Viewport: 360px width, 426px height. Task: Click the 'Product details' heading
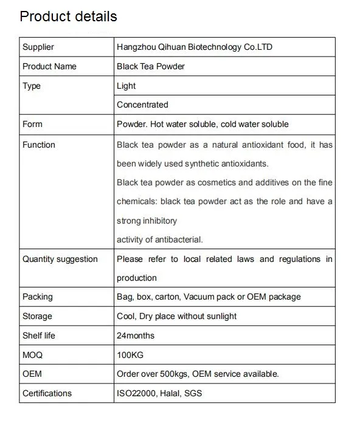pyautogui.click(x=68, y=16)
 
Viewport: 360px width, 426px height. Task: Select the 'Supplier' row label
pyautogui.click(x=38, y=47)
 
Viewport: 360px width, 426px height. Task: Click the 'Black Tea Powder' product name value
pyautogui.click(x=151, y=66)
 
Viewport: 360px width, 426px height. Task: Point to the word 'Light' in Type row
pyautogui.click(x=126, y=86)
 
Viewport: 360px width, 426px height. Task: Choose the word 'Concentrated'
pyautogui.click(x=142, y=105)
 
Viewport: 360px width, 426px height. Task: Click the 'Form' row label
pyautogui.click(x=32, y=124)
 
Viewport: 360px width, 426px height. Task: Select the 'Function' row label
pyautogui.click(x=39, y=145)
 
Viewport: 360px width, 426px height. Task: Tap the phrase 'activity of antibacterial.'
pyautogui.click(x=160, y=239)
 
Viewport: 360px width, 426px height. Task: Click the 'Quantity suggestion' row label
pyautogui.click(x=60, y=259)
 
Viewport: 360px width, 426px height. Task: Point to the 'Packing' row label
pyautogui.click(x=38, y=297)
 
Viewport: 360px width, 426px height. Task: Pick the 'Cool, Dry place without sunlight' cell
pyautogui.click(x=177, y=316)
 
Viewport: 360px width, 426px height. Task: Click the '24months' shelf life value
pyautogui.click(x=136, y=335)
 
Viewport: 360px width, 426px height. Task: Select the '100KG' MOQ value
pyautogui.click(x=130, y=354)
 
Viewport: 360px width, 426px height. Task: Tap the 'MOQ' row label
pyautogui.click(x=33, y=354)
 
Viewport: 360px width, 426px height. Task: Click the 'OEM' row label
pyautogui.click(x=32, y=374)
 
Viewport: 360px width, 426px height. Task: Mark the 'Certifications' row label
pyautogui.click(x=47, y=393)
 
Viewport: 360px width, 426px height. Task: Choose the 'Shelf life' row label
pyautogui.click(x=40, y=335)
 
